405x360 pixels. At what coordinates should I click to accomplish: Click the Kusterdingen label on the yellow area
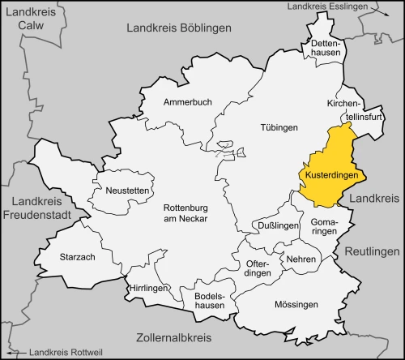333,174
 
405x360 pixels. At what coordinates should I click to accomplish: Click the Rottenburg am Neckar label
185,212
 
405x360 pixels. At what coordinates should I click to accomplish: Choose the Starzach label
79,256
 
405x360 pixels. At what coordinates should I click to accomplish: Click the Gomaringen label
323,226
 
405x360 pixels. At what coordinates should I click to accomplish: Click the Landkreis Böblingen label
179,28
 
